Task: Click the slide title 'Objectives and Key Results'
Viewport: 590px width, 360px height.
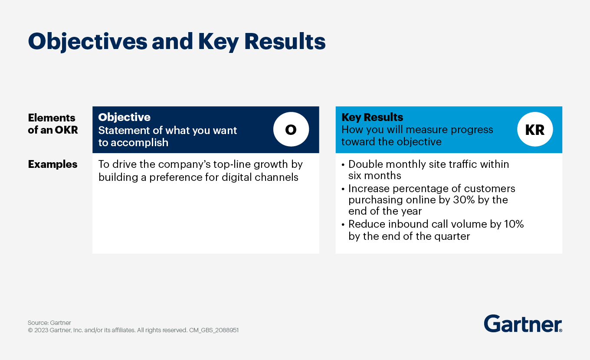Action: tap(177, 42)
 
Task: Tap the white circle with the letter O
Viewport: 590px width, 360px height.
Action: tap(291, 130)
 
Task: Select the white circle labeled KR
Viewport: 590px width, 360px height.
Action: tap(534, 130)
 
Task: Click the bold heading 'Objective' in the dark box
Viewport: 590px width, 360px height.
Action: tap(124, 118)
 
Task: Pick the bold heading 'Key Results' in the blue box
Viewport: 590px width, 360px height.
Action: tap(372, 118)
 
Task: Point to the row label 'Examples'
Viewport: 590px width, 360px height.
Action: tap(52, 164)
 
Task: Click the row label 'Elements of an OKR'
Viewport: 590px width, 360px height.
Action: tap(52, 124)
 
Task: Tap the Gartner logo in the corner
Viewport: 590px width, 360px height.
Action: tap(523, 324)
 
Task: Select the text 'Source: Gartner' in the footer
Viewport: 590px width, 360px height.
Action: tap(49, 323)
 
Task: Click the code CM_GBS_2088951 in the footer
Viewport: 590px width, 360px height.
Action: tap(214, 331)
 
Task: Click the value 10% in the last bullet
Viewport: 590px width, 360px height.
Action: tap(514, 224)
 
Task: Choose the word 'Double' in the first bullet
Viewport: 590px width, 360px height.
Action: tap(364, 164)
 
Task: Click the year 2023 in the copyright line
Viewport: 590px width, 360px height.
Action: tap(42, 331)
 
